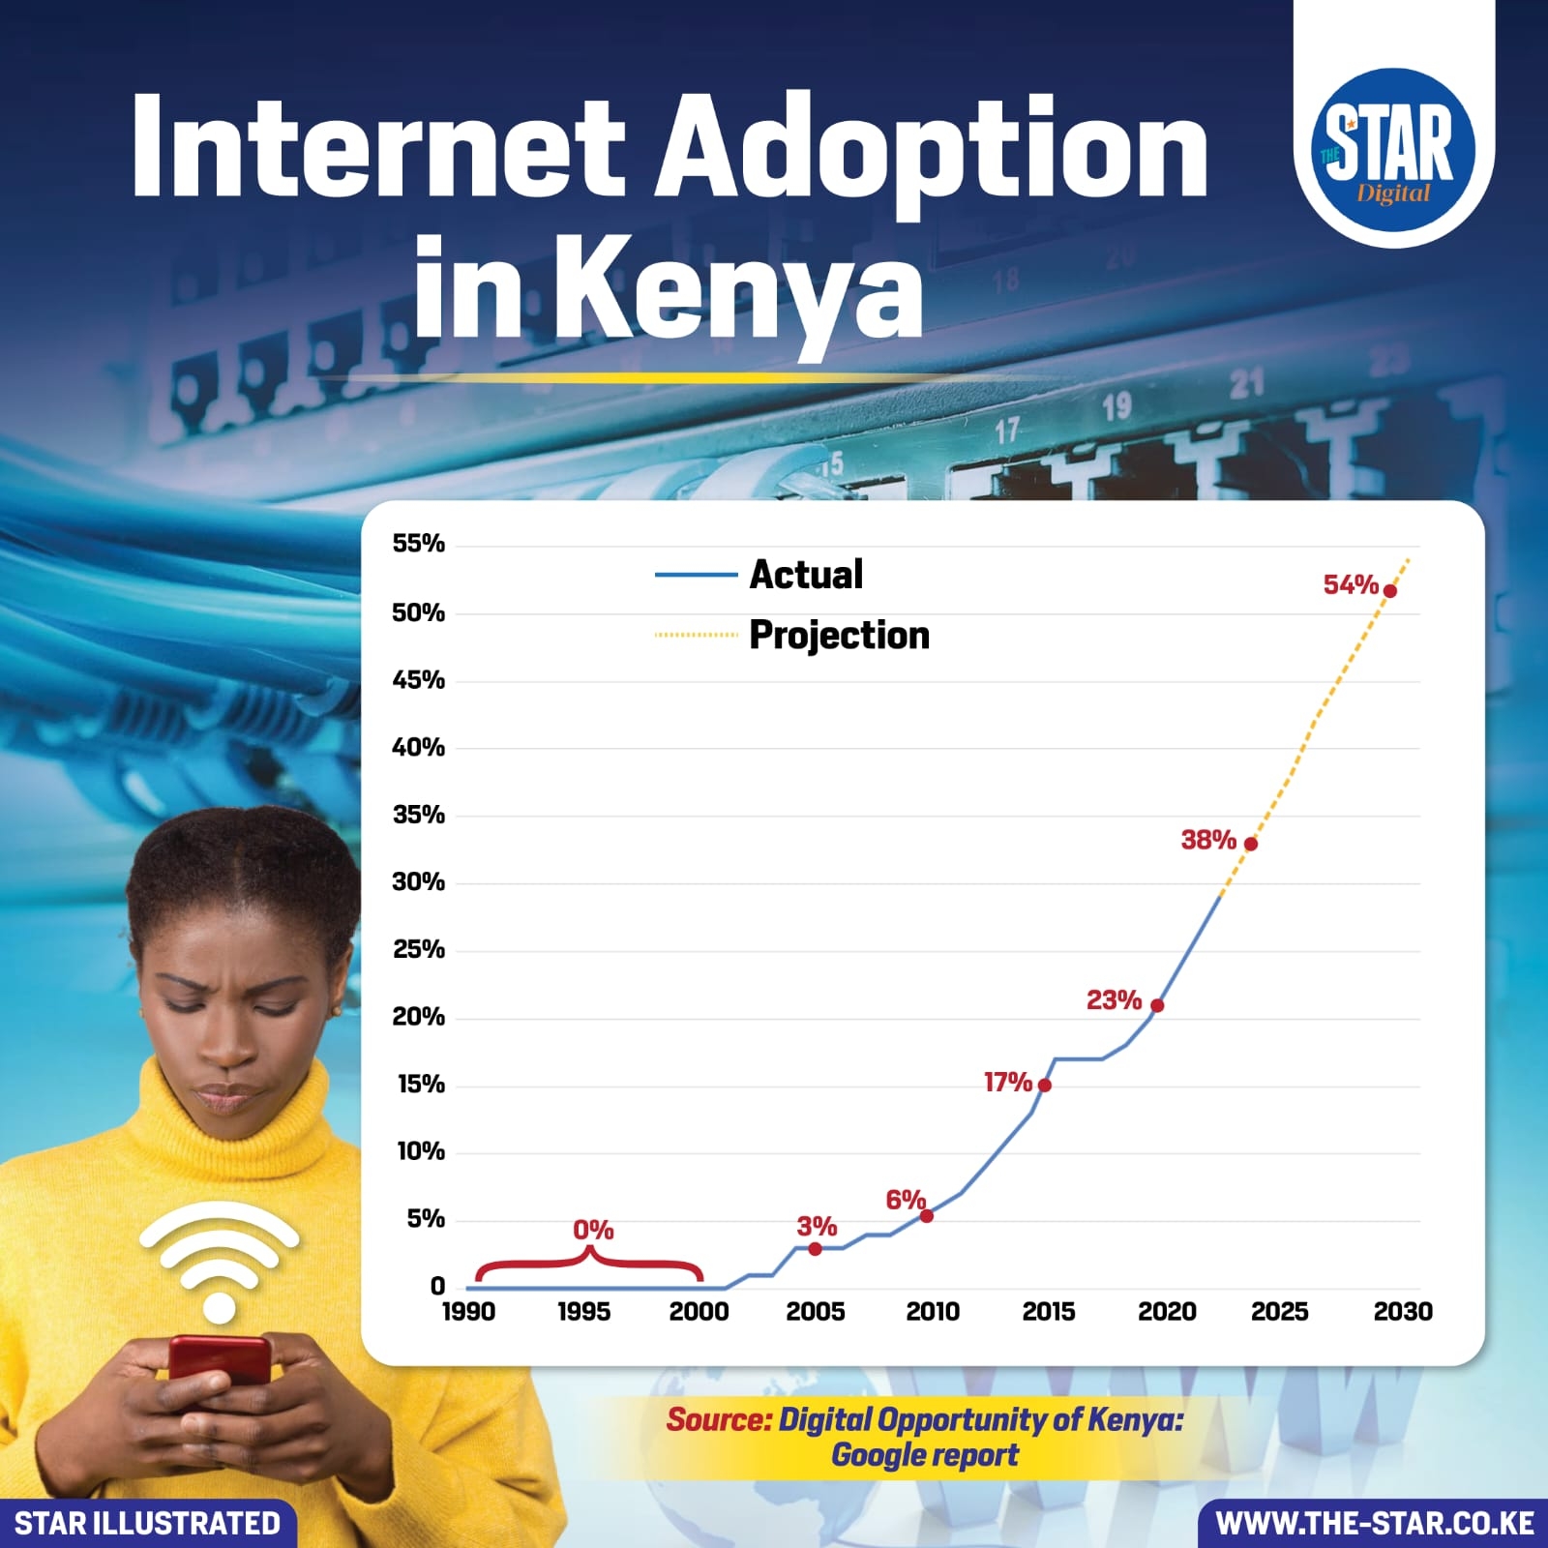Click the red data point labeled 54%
(1389, 591)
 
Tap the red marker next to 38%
(1250, 844)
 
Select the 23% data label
(1114, 999)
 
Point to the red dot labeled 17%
(1044, 1085)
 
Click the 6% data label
(906, 1200)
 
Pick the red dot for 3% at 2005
(815, 1249)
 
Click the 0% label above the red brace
(593, 1230)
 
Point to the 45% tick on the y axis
(418, 680)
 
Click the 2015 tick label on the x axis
(1049, 1312)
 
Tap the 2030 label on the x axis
(1403, 1312)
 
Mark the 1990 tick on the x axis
(468, 1312)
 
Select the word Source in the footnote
(718, 1420)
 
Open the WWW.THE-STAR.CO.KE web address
(1374, 1524)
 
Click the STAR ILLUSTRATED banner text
(147, 1524)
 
